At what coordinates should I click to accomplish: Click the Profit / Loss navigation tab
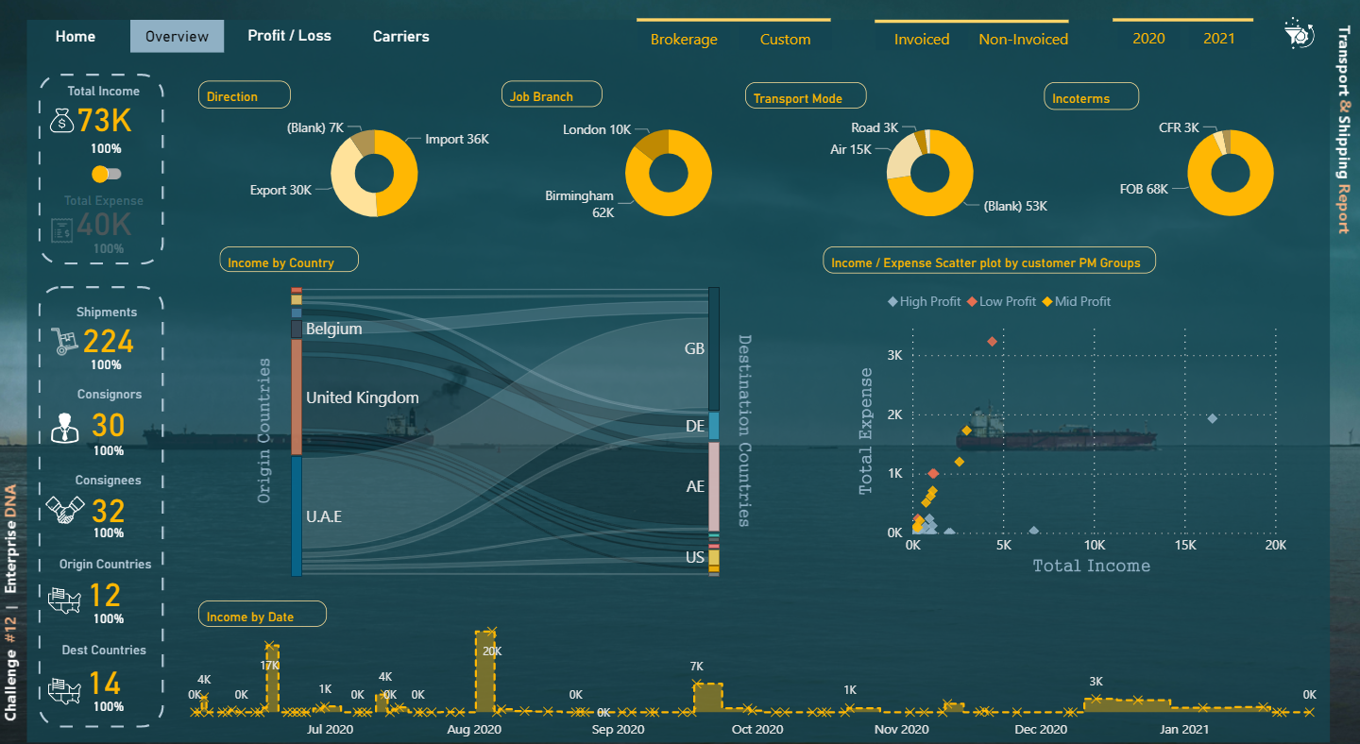point(289,36)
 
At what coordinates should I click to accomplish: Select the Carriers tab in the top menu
point(400,37)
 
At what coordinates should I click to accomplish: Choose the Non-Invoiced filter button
point(1023,40)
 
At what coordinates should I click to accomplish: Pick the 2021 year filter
point(1218,39)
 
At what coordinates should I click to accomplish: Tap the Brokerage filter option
point(684,40)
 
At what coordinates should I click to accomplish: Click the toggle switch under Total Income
point(106,174)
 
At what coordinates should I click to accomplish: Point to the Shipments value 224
point(108,341)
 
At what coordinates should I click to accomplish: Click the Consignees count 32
point(109,511)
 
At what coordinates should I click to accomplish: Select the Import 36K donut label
point(457,139)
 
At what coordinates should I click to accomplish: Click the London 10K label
point(596,129)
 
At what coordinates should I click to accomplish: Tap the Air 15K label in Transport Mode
point(850,149)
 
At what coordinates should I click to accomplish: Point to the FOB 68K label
point(1144,189)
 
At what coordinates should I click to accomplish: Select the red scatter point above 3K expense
point(992,341)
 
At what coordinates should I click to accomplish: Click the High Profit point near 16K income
point(1213,418)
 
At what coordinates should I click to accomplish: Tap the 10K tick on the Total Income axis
point(1094,546)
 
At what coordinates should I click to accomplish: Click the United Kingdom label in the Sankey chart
point(362,397)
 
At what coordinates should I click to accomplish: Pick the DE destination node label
point(695,427)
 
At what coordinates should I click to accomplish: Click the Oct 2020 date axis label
point(757,729)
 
